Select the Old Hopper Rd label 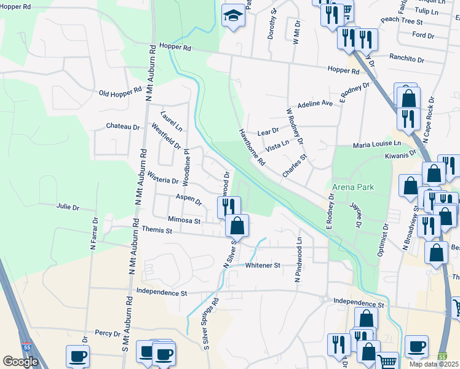(x=121, y=93)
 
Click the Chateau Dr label (x=123, y=127)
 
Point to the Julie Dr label (x=68, y=207)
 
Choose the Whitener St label (x=263, y=265)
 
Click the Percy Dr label (x=108, y=333)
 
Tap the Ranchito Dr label (x=406, y=59)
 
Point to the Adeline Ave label (x=315, y=105)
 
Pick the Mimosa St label (x=184, y=220)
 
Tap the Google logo (x=20, y=362)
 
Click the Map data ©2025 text (x=434, y=364)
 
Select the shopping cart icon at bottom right (x=387, y=362)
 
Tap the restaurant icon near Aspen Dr (x=226, y=206)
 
